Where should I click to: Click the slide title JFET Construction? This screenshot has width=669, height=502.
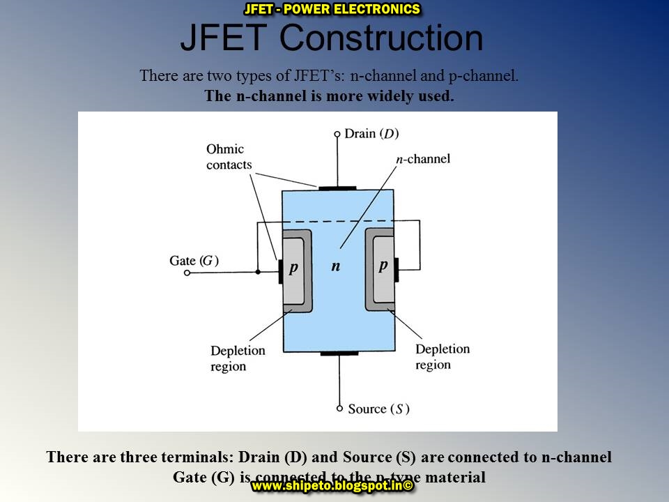[x=331, y=38]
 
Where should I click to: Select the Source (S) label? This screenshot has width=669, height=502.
[x=378, y=409]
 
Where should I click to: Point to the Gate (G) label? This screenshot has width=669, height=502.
[x=194, y=261]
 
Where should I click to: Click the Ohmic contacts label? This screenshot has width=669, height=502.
[x=229, y=158]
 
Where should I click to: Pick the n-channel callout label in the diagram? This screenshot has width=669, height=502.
[x=423, y=159]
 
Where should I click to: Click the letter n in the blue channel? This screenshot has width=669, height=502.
[x=336, y=267]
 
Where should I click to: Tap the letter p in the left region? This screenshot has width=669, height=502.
[x=293, y=267]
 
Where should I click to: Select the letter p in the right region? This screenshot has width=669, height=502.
[x=383, y=266]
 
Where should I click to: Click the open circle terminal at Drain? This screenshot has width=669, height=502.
[x=337, y=134]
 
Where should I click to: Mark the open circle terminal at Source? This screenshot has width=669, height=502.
[x=339, y=409]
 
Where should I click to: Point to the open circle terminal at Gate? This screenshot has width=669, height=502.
[x=187, y=273]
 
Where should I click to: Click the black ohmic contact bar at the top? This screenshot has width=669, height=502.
[x=337, y=188]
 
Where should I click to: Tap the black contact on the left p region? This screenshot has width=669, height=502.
[x=280, y=271]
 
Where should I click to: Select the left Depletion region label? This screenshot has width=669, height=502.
[x=238, y=358]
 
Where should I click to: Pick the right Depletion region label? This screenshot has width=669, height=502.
[x=443, y=356]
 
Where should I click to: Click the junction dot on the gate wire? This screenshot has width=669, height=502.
[x=258, y=271]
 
